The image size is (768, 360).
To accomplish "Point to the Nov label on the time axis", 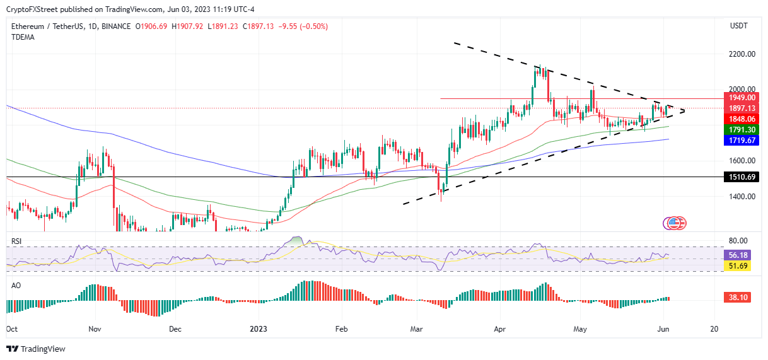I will pos(95,328).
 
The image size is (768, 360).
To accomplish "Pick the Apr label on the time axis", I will pos(500,328).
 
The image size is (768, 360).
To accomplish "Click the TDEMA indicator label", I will pos(23,37).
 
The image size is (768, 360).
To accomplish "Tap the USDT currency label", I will pos(740,26).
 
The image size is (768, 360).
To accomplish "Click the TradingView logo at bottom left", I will pos(36,349).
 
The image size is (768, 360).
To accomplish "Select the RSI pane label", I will pos(17,241).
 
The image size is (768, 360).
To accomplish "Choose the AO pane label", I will pos(16,285).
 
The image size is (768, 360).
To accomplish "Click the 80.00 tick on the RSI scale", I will pos(739,241).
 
